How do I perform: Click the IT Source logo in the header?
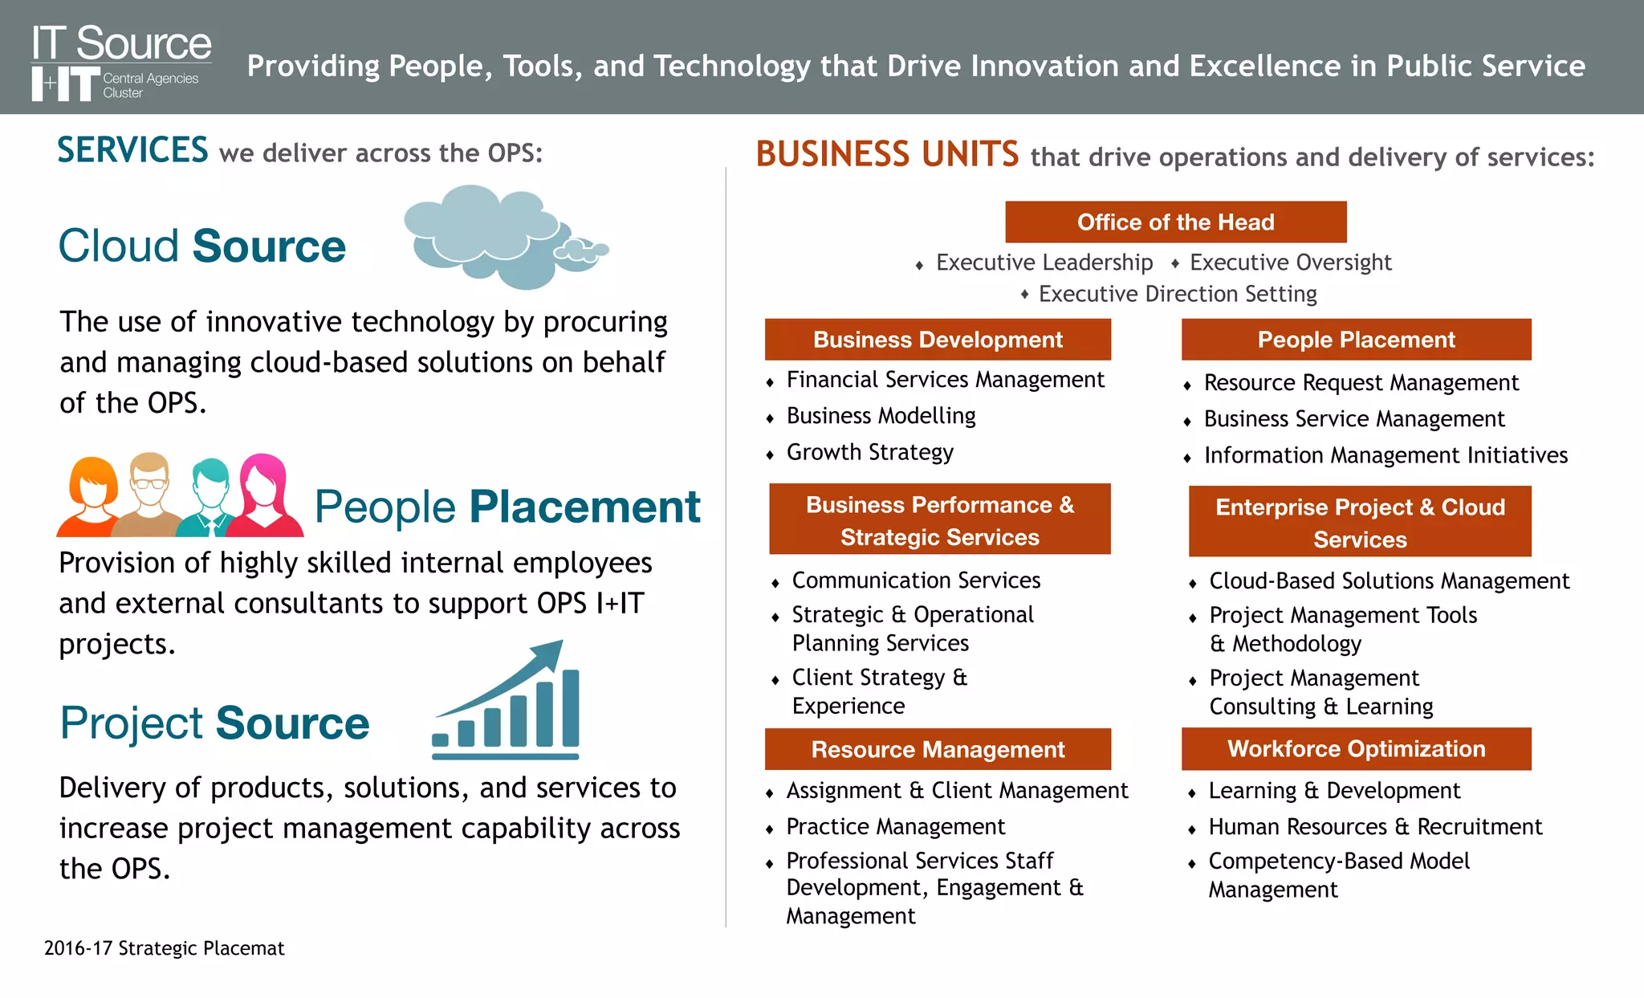pos(120,62)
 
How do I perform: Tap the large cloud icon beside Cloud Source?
pos(482,235)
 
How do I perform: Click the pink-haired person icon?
pos(265,495)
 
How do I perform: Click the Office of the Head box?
pos(1175,222)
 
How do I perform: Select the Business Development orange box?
pos(938,340)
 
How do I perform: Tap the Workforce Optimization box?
pos(1356,749)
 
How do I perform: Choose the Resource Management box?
pos(938,750)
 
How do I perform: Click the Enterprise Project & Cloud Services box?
pos(1360,523)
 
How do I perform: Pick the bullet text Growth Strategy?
pos(869,453)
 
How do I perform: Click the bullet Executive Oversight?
pos(1290,263)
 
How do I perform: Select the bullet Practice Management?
pos(895,827)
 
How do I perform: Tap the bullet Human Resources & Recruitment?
pos(1375,827)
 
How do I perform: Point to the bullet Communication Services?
pos(916,580)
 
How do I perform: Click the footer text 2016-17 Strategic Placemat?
pos(164,948)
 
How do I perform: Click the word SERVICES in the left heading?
pos(132,151)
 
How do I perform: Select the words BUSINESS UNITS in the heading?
pos(887,154)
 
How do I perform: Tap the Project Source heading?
pos(214,723)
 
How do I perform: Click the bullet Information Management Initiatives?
pos(1386,456)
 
